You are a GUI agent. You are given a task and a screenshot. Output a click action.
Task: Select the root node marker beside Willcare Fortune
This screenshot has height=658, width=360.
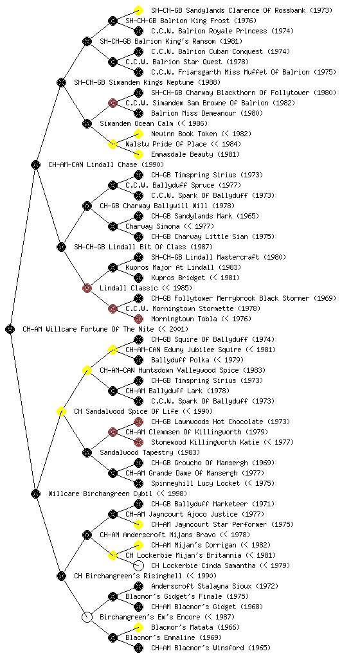10,329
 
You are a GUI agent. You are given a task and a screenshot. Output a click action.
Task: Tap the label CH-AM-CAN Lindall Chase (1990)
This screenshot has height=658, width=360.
106,164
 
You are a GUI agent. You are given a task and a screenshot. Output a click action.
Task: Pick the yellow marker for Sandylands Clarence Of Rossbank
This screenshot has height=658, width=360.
138,10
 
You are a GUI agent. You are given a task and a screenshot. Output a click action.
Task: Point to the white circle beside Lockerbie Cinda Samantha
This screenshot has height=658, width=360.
138,565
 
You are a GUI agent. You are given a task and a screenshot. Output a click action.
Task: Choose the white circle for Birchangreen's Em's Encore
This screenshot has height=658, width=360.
87,617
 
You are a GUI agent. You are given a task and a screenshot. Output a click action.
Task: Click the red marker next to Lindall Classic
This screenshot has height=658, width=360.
87,288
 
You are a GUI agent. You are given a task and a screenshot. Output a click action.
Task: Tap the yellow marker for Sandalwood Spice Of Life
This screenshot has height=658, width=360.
61,411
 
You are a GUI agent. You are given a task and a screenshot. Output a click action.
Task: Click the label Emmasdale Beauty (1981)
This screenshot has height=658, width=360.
195,154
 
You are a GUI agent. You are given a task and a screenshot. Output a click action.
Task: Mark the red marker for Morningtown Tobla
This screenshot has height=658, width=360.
138,319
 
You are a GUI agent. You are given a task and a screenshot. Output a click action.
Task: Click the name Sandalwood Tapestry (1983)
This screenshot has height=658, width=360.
150,452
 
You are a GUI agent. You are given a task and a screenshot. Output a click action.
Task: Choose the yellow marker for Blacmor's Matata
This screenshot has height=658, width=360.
138,627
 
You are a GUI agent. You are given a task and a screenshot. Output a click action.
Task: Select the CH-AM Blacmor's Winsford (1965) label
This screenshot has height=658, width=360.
211,648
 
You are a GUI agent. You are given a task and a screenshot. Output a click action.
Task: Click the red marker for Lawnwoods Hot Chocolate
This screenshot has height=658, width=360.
138,422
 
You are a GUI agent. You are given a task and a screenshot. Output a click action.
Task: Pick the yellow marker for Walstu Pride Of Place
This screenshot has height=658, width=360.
113,144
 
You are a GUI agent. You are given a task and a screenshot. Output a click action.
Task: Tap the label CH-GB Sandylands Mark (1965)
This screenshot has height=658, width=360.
205,216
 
